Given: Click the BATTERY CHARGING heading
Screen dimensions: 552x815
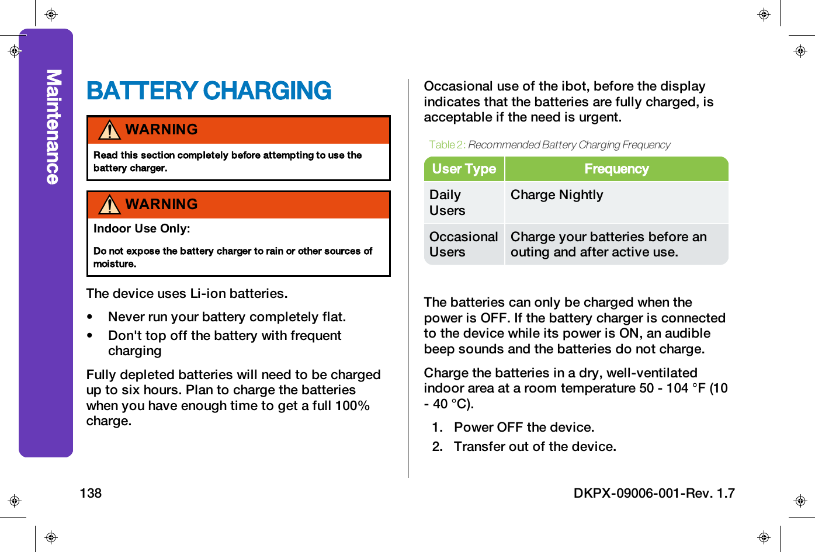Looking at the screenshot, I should [x=209, y=91].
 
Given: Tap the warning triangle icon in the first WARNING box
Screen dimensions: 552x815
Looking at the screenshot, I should [x=109, y=130].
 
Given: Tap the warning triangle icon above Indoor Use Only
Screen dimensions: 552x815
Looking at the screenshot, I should [x=109, y=204].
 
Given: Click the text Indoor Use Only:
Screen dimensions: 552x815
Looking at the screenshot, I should [x=141, y=228].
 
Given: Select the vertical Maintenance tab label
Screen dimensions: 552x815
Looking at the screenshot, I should [x=53, y=127].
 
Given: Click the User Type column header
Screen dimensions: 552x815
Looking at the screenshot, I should [x=464, y=169].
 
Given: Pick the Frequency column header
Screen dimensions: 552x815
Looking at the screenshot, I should [x=616, y=169].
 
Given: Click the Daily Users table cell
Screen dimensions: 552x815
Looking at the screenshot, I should [x=448, y=203].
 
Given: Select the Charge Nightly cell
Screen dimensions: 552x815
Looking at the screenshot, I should [x=557, y=195].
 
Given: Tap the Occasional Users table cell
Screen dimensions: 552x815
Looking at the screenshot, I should [x=463, y=244].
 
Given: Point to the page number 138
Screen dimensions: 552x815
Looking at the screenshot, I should [x=91, y=493].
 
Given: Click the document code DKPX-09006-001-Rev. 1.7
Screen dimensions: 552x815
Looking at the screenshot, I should [x=654, y=493].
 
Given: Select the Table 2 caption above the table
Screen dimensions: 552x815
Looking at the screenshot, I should [x=549, y=145].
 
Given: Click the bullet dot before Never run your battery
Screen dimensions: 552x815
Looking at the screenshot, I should [x=90, y=317].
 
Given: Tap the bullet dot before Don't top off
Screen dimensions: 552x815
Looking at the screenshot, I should [x=90, y=336].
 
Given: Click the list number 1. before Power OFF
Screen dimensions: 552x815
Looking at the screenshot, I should [x=438, y=428].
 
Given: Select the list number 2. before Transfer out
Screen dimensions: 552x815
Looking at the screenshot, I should [x=438, y=447].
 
